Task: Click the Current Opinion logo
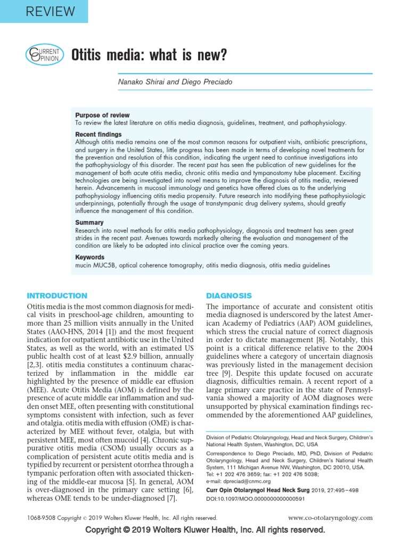tap(45, 54)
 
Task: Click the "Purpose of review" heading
tap(102, 115)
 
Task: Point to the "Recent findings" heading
tap(99, 134)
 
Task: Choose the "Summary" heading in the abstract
tap(89, 222)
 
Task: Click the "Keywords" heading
tap(90, 257)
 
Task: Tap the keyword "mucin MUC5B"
tap(96, 265)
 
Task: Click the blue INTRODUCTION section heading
tap(57, 295)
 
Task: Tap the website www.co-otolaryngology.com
tap(330, 517)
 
